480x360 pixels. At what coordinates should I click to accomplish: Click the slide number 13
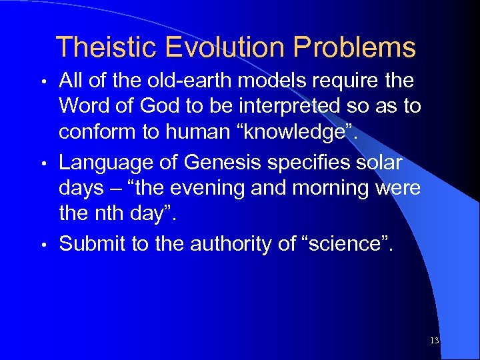tap(435, 341)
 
